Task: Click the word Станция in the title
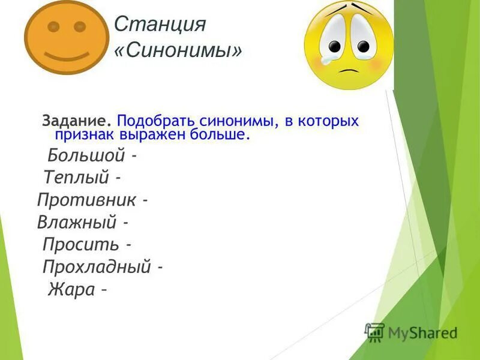[160, 25]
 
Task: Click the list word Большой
[86, 157]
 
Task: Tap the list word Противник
[86, 200]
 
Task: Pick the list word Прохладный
[96, 268]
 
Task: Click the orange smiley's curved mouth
[67, 55]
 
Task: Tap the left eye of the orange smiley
[53, 27]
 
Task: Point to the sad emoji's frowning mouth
[350, 69]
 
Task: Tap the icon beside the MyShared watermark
[375, 332]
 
